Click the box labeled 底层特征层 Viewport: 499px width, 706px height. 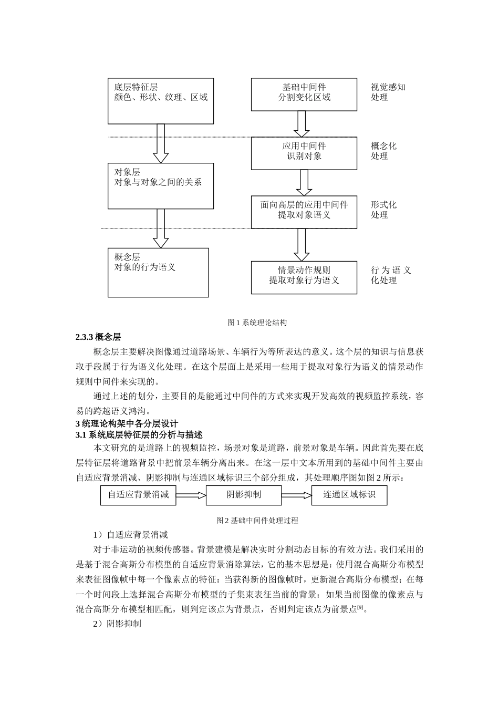[161, 101]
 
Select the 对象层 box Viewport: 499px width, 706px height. [161, 186]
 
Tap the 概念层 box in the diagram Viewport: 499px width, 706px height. [158, 272]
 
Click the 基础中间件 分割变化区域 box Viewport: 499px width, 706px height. [304, 95]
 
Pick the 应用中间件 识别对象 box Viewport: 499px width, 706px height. [304, 153]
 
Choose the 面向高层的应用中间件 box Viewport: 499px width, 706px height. [304, 212]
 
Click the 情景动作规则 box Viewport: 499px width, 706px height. [304, 277]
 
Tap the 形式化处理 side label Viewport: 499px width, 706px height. [383, 210]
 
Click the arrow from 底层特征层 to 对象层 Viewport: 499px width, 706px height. [161, 143]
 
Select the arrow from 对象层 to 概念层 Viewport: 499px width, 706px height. [161, 228]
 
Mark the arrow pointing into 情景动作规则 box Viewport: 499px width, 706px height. [302, 244]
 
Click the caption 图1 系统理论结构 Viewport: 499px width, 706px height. [257, 323]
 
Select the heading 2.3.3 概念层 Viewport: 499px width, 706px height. [98, 337]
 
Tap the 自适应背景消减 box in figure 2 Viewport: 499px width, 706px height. [138, 495]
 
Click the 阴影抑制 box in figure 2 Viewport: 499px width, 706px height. [244, 495]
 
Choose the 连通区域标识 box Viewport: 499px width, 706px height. [349, 495]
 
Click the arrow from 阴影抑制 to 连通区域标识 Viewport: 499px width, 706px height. [296, 495]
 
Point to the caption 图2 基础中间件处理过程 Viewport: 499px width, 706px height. [257, 521]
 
